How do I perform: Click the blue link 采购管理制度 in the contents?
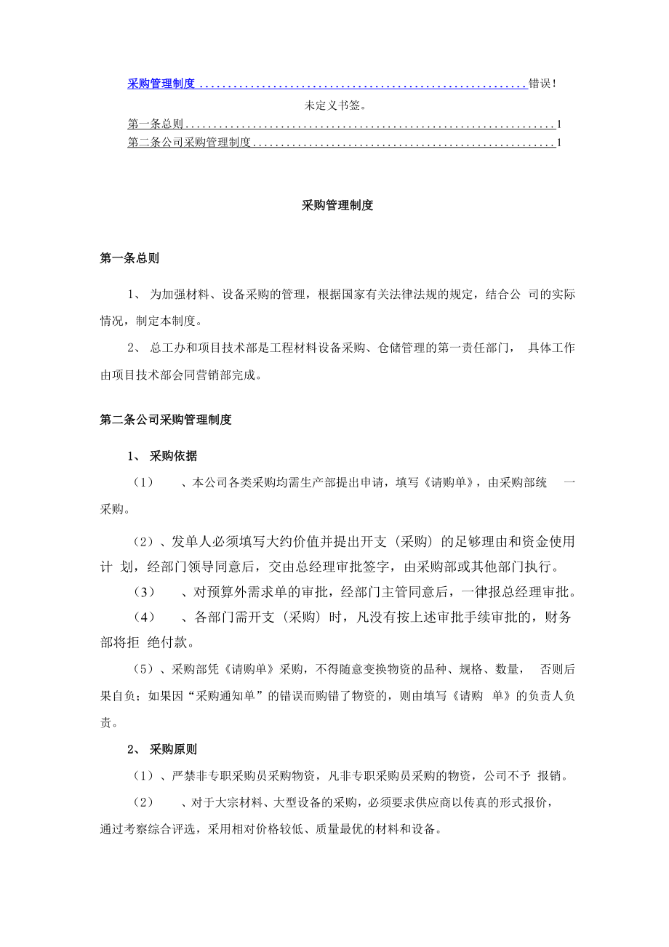point(161,84)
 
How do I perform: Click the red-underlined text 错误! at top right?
point(542,84)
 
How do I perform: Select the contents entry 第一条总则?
point(155,124)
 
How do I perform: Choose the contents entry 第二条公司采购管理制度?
point(189,143)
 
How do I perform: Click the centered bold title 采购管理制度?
point(337,206)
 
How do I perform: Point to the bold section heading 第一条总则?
point(129,258)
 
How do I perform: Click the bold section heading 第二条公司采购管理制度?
point(166,420)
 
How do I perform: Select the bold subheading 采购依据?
point(173,457)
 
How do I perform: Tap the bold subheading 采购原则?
point(173,749)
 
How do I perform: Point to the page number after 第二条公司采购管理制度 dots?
point(558,143)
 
